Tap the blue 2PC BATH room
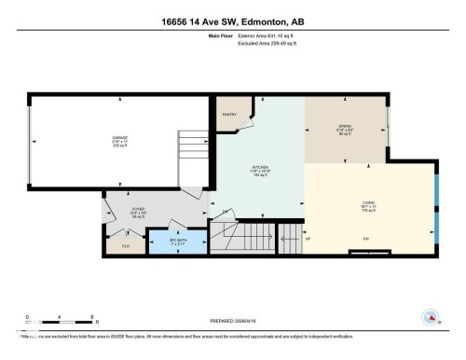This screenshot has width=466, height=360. coord(179,242)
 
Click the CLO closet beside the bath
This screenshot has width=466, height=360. coord(127,245)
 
